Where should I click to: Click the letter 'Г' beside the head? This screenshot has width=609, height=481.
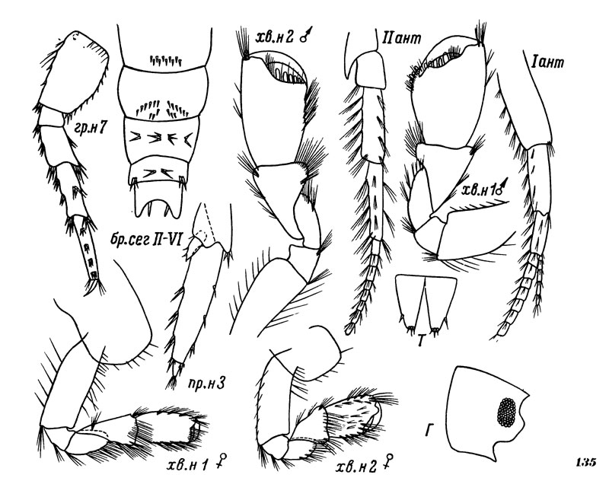pos(429,430)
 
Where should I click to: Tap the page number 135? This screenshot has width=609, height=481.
pos(585,463)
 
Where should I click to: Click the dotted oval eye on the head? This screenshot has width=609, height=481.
pos(506,413)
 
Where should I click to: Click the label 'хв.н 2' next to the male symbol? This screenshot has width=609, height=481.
pos(276,37)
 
